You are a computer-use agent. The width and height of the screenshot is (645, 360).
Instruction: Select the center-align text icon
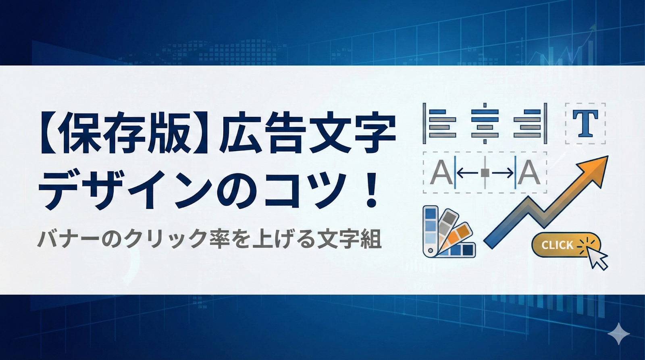pyautogui.click(x=485, y=123)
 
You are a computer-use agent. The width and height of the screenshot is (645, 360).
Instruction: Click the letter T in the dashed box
pyautogui.click(x=585, y=123)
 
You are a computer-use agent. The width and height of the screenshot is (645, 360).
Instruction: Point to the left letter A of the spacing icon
pyautogui.click(x=441, y=173)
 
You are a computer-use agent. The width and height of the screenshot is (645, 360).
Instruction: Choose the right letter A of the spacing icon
pyautogui.click(x=529, y=173)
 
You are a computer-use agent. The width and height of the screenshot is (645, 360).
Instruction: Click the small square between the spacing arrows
pyautogui.click(x=485, y=173)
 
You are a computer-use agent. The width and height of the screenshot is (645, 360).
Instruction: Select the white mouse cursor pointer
pyautogui.click(x=597, y=258)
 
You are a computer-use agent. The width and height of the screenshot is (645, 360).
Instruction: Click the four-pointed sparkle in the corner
pyautogui.click(x=619, y=334)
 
